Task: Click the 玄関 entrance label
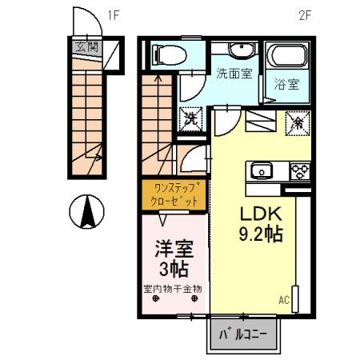[x=86, y=46]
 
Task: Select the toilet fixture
[x=166, y=54]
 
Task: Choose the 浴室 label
[x=287, y=84]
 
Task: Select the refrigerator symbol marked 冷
[x=294, y=122]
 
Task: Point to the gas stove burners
[x=300, y=170]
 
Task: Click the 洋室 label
[x=174, y=248]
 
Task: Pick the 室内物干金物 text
[x=172, y=287]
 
